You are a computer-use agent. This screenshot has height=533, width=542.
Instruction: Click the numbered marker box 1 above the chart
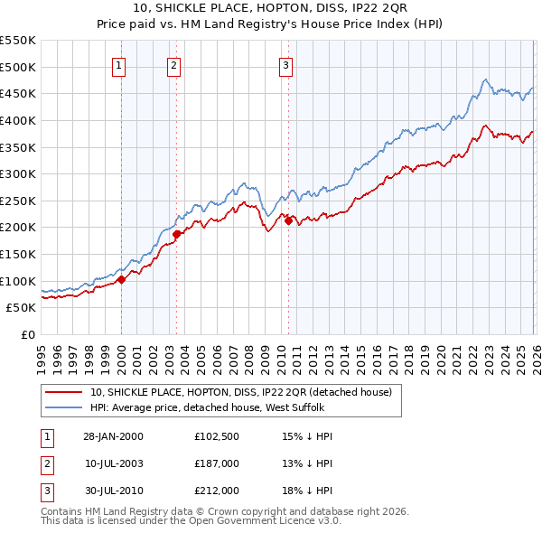[120, 64]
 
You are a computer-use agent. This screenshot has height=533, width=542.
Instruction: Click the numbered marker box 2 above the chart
[173, 64]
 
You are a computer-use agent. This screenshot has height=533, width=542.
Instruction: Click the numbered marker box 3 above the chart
[285, 64]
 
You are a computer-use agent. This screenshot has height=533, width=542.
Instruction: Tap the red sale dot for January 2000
[121, 279]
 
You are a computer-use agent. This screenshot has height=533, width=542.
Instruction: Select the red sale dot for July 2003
[176, 234]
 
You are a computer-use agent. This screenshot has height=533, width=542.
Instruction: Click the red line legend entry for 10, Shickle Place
[240, 393]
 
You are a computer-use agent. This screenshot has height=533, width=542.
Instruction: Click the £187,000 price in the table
[216, 463]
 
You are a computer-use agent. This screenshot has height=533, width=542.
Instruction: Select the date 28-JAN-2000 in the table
[113, 436]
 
